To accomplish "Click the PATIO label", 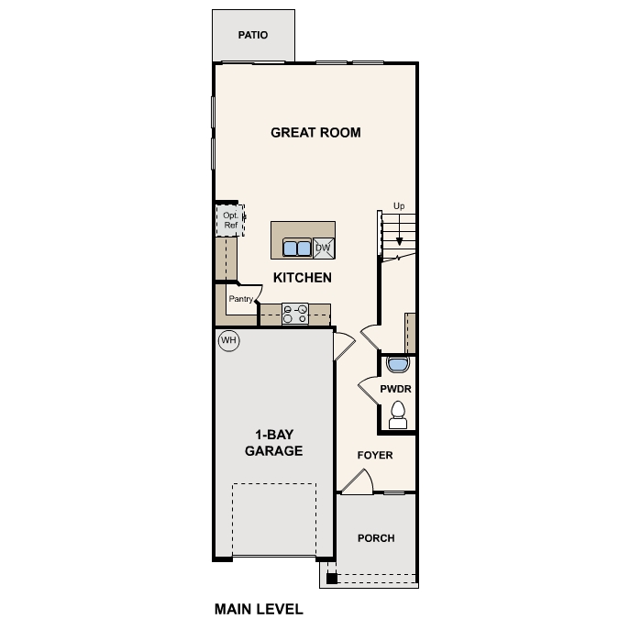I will click(x=252, y=36).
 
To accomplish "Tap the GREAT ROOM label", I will click(x=315, y=133).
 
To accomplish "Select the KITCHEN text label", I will click(x=302, y=277).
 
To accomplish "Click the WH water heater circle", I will click(x=228, y=341).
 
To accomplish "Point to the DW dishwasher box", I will click(x=323, y=248).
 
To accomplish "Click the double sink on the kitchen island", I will click(x=296, y=248).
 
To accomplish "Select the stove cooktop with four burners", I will click(x=294, y=315).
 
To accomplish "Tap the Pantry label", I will click(x=240, y=299).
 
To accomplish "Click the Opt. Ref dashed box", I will click(x=230, y=221).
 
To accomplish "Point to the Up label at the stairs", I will click(x=398, y=206).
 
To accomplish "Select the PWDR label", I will click(x=396, y=389).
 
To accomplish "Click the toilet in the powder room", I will click(x=398, y=414).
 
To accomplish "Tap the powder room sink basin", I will click(x=397, y=366).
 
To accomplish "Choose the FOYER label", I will click(x=375, y=454).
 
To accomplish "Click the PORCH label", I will click(x=376, y=538).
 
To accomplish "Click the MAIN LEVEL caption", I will click(x=259, y=608).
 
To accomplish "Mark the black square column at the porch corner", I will click(x=332, y=579).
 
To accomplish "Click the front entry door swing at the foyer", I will click(x=358, y=482).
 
